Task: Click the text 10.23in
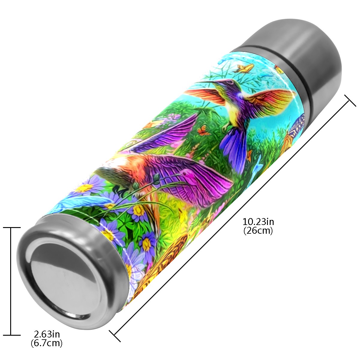[x=258, y=222]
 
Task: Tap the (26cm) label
[x=258, y=231]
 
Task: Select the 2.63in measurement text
[x=46, y=334]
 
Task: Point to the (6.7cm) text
[x=46, y=343]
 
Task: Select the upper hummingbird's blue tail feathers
[x=233, y=148]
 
